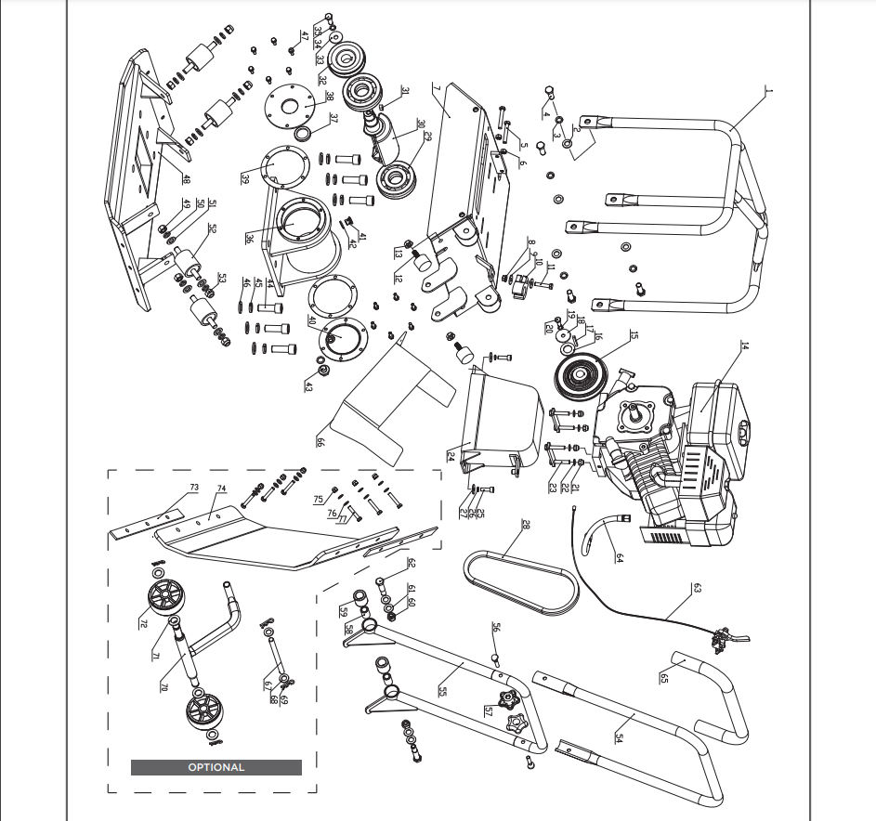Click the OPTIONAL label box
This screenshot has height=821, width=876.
(x=216, y=767)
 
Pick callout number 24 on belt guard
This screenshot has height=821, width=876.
(x=451, y=456)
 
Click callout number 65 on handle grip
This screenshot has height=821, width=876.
(x=663, y=679)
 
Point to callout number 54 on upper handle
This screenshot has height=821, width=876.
(x=618, y=736)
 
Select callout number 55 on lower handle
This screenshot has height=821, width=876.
(x=443, y=692)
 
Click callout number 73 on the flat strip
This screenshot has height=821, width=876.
(x=194, y=488)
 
